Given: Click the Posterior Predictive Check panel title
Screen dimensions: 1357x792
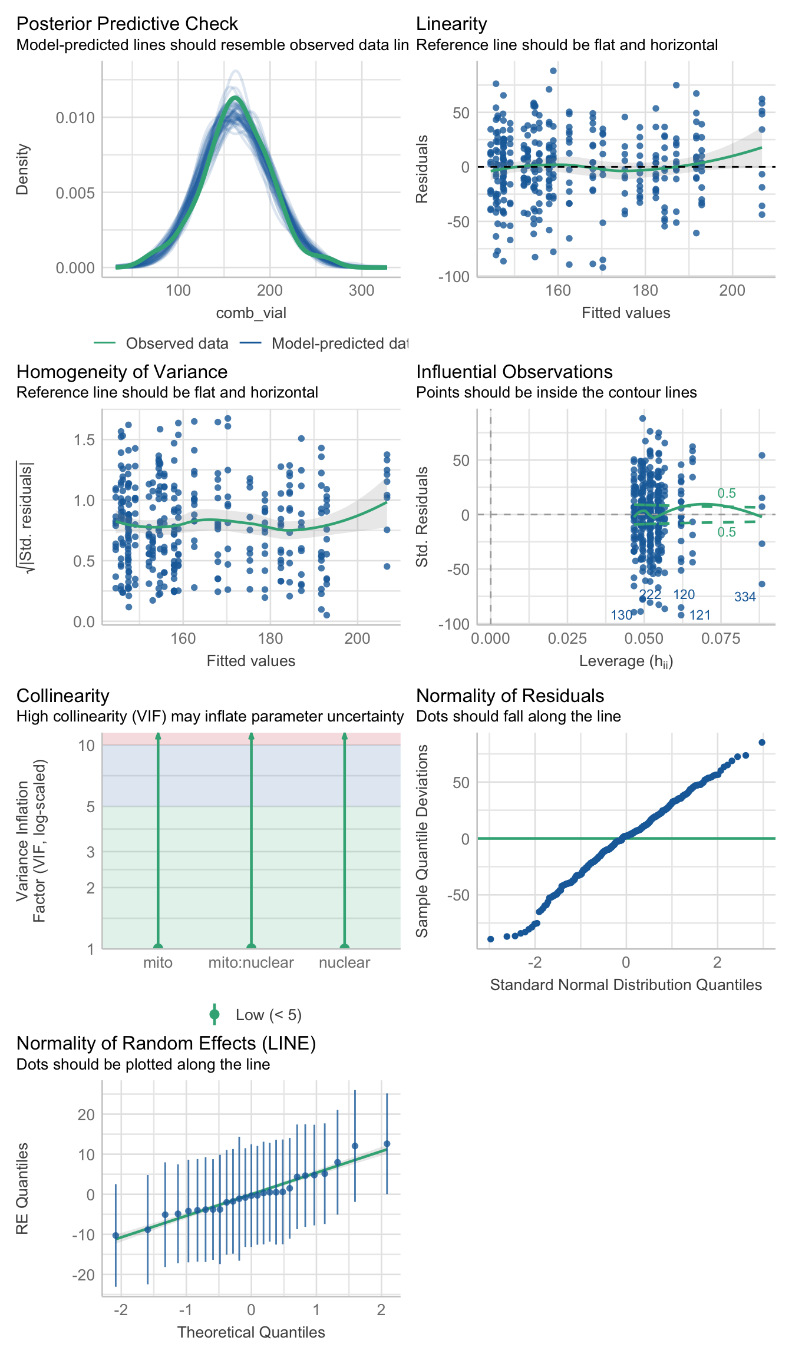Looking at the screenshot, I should point(127,24).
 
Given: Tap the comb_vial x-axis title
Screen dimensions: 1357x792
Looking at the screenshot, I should point(251,313).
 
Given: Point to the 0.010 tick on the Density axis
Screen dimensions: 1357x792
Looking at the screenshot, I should point(75,118).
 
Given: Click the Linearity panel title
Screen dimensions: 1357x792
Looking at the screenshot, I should point(451,24).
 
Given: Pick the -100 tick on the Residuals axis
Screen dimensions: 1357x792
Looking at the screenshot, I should point(454,276).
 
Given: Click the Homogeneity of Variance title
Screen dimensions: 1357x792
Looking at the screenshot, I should point(121,372).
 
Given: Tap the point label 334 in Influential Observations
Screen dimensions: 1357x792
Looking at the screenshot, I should point(745,597).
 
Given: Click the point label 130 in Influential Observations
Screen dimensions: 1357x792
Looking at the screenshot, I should point(621,615).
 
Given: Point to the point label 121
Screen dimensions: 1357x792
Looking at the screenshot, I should point(700,615).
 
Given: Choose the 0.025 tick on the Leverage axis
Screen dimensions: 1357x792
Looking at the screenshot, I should point(567,638).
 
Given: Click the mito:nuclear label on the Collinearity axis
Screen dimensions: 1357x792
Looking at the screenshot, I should point(251,962).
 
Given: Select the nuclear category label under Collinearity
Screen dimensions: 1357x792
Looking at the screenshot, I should point(344,962).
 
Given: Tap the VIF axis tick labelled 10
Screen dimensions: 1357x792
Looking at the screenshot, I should point(86,746).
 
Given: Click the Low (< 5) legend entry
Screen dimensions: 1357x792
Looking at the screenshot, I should point(268,1015).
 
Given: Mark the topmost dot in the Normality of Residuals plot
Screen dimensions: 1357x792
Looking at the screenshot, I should point(762,743).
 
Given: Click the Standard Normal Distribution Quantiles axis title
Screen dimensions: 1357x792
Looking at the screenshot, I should point(626,985).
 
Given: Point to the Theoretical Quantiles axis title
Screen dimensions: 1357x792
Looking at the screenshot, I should point(251,1332).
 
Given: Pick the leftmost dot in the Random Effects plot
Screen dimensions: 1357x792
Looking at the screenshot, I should point(115,1236).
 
